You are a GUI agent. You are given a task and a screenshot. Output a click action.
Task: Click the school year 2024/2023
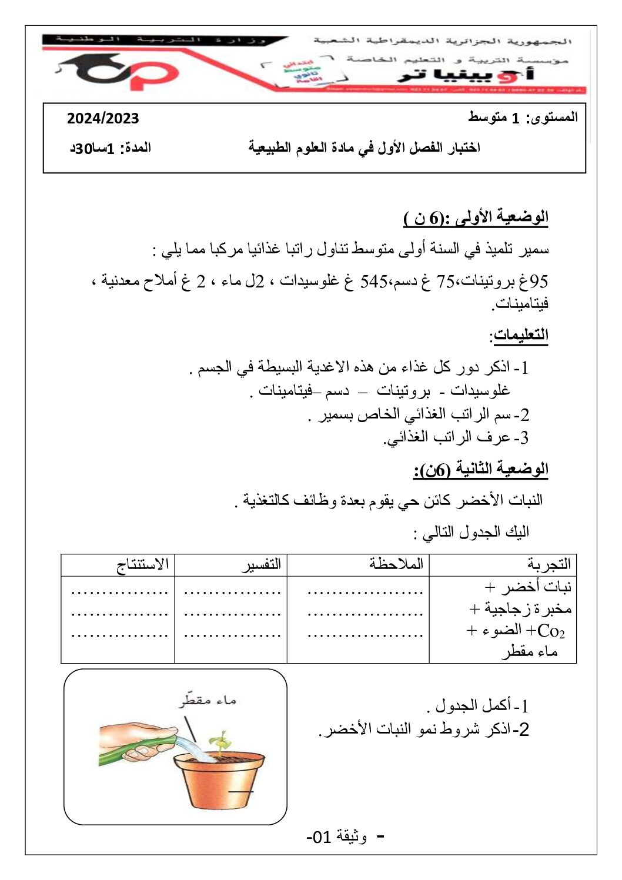[x=103, y=118]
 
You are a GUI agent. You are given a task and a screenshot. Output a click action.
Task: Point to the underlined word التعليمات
[x=519, y=335]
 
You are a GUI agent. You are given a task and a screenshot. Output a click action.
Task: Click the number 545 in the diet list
[x=374, y=282]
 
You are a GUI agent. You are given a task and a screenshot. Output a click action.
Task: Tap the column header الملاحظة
[x=396, y=564]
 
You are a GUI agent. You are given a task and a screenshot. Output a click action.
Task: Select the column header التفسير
[x=262, y=564]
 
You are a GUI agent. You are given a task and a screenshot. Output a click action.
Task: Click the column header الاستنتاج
[x=143, y=564]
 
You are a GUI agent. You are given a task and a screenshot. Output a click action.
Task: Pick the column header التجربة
[x=549, y=564]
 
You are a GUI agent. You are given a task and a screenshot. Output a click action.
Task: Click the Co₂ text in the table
[x=551, y=631]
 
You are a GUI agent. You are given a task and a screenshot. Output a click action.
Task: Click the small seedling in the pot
[x=219, y=742]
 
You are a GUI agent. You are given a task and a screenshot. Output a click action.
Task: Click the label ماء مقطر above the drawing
[x=208, y=700]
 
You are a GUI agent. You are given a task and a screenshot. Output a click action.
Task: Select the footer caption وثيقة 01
[x=338, y=836]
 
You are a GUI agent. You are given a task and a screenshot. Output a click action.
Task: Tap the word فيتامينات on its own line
[x=520, y=303]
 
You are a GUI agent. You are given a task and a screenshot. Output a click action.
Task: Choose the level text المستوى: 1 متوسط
[x=523, y=118]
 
